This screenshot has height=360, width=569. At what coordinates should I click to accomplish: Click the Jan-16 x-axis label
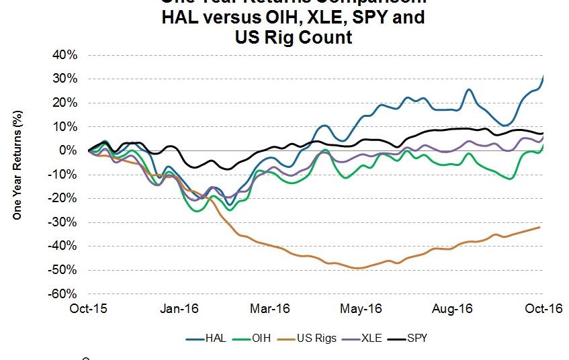tap(179, 309)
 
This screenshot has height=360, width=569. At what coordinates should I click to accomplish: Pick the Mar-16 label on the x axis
tap(269, 309)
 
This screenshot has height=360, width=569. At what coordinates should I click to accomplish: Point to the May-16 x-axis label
tap(361, 309)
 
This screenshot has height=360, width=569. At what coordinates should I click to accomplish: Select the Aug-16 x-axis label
tap(452, 309)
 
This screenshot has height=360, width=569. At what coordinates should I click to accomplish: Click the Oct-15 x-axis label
tap(88, 309)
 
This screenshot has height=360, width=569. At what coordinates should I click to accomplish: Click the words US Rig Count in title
tap(293, 37)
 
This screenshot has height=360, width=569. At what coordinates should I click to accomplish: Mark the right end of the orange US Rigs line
tap(540, 227)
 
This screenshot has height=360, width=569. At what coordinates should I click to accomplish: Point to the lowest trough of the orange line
tap(358, 268)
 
